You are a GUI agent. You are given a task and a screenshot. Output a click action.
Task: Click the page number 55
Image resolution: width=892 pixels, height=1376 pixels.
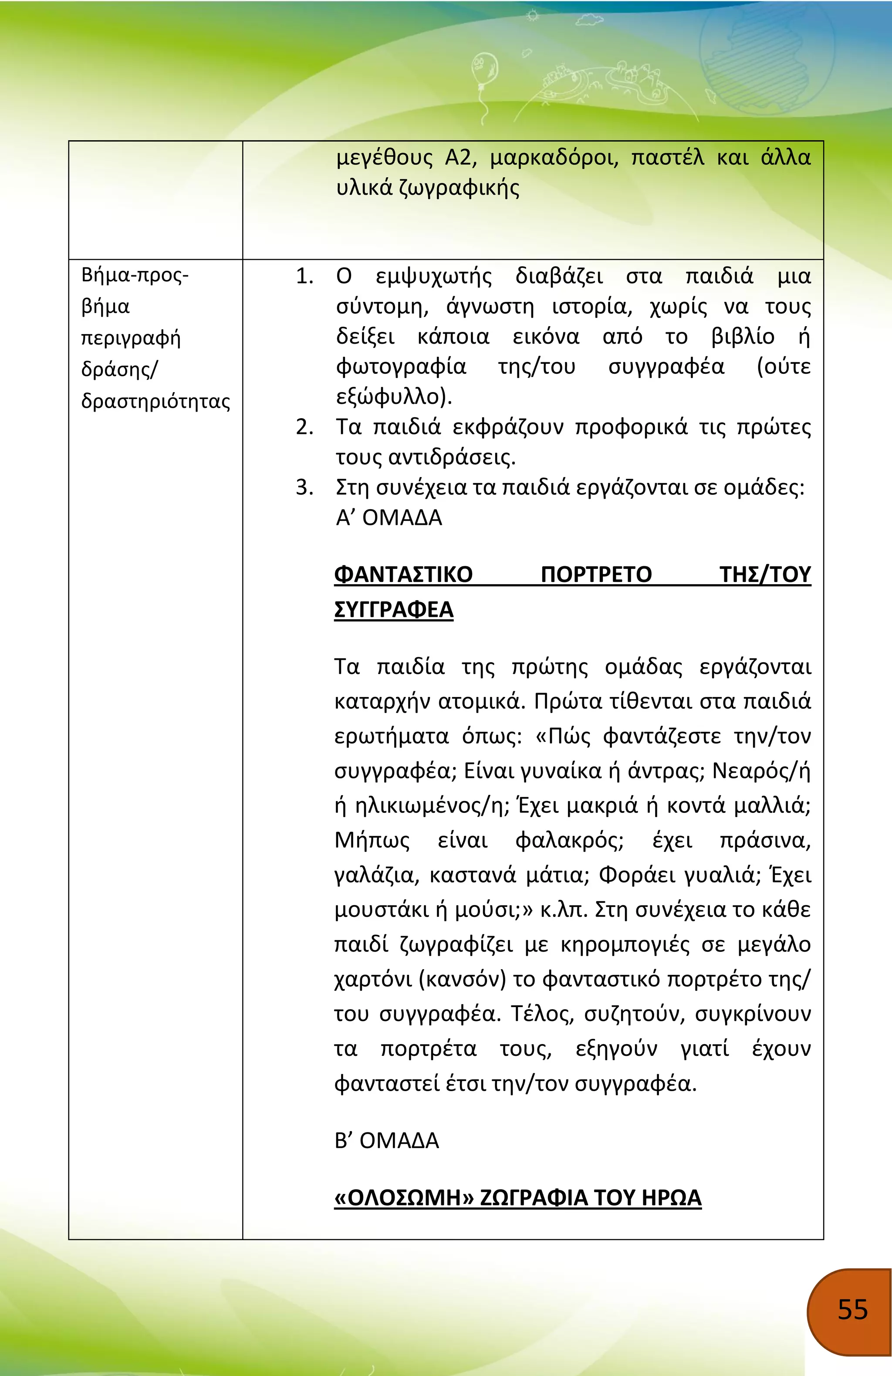coord(853,1309)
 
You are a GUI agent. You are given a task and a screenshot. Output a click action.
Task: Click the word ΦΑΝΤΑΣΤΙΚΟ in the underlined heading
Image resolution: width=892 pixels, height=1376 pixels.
coord(403,574)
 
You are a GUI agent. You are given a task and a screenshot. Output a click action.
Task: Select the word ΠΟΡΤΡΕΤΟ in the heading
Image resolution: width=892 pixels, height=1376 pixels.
coord(596,574)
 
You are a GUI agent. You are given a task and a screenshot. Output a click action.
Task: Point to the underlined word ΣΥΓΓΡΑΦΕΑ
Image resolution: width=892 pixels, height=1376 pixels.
coord(394,609)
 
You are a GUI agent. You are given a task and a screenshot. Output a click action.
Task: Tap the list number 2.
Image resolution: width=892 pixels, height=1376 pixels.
coord(304,427)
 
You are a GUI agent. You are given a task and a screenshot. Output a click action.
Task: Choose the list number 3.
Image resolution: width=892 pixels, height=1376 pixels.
coord(304,487)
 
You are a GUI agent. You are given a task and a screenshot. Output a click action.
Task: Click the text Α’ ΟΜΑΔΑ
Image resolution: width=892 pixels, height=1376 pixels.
coord(389,517)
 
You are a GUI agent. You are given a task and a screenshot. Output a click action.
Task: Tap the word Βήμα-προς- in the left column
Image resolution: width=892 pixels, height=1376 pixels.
coord(135,274)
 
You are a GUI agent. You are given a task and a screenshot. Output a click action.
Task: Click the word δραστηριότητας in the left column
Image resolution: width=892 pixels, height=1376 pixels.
coord(155,401)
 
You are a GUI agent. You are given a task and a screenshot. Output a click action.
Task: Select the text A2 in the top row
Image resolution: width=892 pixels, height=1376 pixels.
coord(460,157)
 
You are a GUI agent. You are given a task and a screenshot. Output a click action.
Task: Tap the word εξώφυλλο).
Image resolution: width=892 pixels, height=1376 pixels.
coord(394,397)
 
